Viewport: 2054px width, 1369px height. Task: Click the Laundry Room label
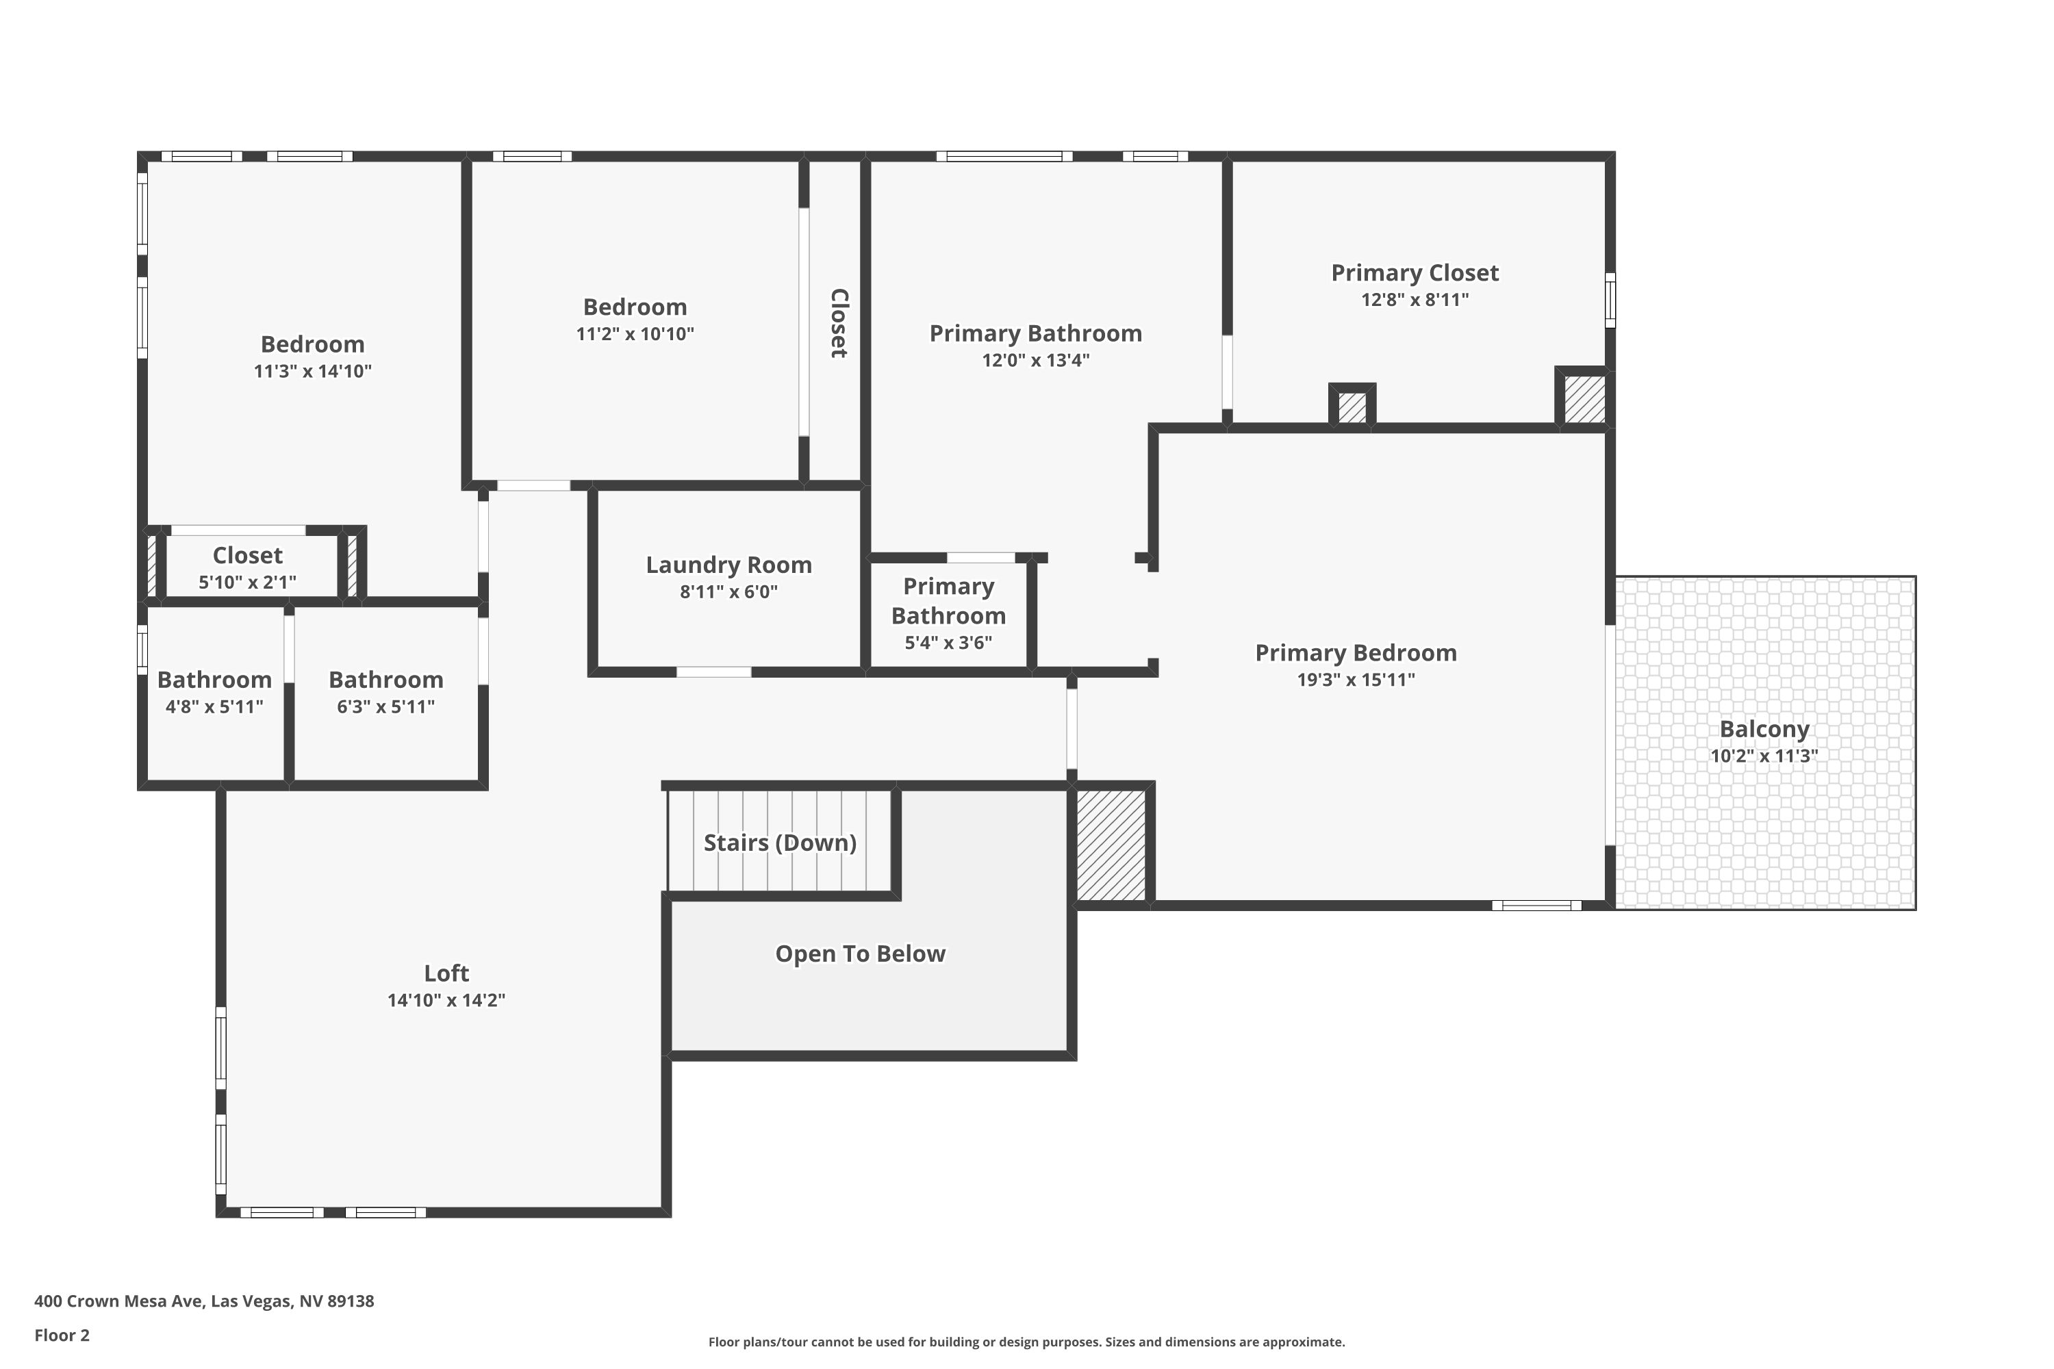coord(728,565)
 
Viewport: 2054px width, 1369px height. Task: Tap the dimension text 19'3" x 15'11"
coord(1356,679)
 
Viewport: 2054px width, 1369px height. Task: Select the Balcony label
coord(1764,729)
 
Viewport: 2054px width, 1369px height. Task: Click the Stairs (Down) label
coord(780,843)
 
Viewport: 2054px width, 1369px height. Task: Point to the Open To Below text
coord(860,954)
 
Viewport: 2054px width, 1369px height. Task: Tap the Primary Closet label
coord(1415,272)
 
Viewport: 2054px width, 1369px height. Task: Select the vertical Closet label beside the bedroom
coord(838,323)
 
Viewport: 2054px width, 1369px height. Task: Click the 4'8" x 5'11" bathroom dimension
coord(214,706)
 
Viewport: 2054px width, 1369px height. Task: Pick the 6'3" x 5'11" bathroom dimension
coord(386,706)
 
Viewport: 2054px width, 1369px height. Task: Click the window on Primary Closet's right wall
coord(1610,300)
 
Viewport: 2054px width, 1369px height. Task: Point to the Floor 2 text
coord(62,1335)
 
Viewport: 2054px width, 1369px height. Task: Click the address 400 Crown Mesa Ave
coord(203,1301)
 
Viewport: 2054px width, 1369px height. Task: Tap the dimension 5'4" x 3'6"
coord(948,643)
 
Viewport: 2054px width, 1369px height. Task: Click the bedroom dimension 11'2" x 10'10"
coord(635,333)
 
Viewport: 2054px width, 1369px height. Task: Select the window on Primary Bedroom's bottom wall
coord(1536,906)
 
